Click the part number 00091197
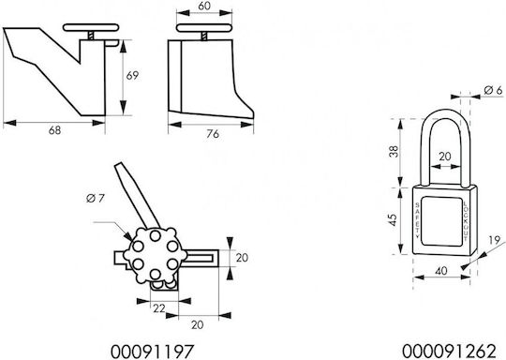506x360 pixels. click(153, 352)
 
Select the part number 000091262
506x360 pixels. click(449, 352)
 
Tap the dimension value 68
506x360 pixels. click(54, 130)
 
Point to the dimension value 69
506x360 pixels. click(132, 76)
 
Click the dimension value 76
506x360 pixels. click(213, 133)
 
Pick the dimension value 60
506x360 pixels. click(204, 6)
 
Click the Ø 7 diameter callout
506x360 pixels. click(96, 198)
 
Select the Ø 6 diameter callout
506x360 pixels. click(494, 90)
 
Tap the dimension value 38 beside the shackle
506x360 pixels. click(394, 152)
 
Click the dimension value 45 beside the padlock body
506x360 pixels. click(393, 220)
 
